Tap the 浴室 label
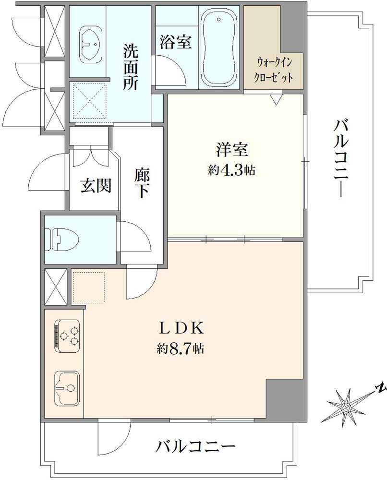(x=176, y=42)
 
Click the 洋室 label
(x=231, y=150)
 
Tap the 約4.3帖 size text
(x=231, y=170)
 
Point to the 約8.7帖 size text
(x=180, y=348)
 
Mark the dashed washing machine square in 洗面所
(x=88, y=100)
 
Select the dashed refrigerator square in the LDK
(x=88, y=288)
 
